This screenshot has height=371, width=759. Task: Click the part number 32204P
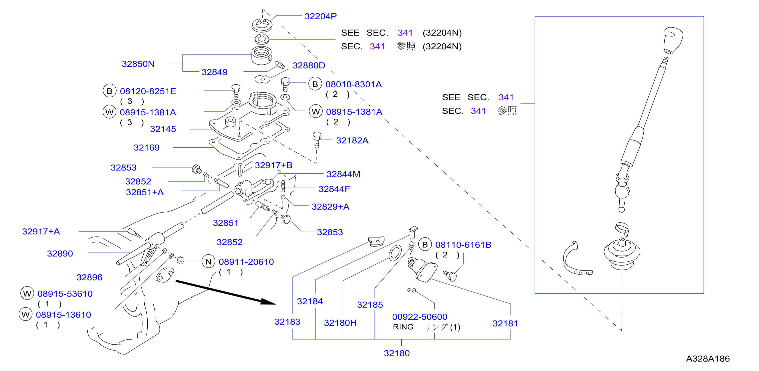pyautogui.click(x=321, y=16)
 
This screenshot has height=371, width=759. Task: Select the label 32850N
pyautogui.click(x=138, y=64)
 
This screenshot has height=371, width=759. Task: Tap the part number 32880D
pyautogui.click(x=309, y=65)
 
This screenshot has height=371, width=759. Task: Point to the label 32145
pyautogui.click(x=163, y=129)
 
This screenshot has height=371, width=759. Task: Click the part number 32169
pyautogui.click(x=146, y=147)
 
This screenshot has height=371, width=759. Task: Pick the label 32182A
pyautogui.click(x=352, y=140)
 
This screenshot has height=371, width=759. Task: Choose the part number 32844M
pyautogui.click(x=343, y=174)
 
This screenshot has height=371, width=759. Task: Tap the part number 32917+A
pyautogui.click(x=41, y=231)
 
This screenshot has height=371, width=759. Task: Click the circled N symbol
pyautogui.click(x=208, y=261)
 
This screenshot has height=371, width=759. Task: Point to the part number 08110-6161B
pyautogui.click(x=463, y=245)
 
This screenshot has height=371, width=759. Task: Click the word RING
pyautogui.click(x=403, y=327)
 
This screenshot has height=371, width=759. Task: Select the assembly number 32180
pyautogui.click(x=397, y=353)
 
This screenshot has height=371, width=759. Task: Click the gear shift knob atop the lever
pyautogui.click(x=673, y=40)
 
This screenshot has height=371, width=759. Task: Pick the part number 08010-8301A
pyautogui.click(x=354, y=84)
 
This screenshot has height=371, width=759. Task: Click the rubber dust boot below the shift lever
pyautogui.click(x=622, y=253)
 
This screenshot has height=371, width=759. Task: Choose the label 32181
pyautogui.click(x=505, y=323)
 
